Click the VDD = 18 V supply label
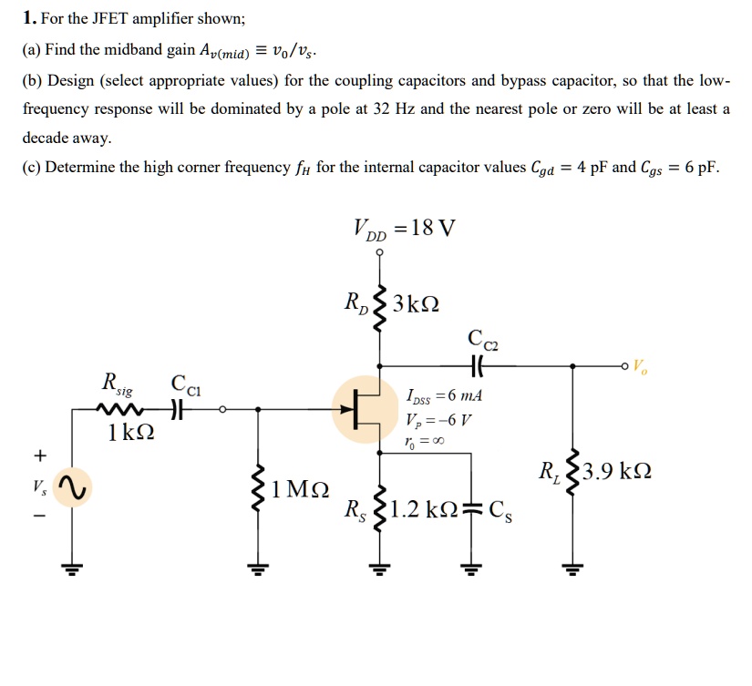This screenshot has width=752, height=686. click(402, 228)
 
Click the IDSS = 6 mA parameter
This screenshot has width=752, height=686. click(444, 397)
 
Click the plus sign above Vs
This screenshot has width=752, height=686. click(40, 454)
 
